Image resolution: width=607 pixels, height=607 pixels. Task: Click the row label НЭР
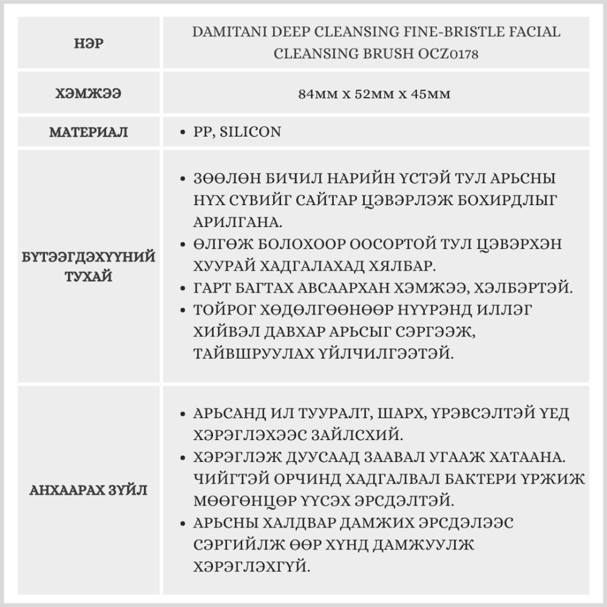[x=89, y=44]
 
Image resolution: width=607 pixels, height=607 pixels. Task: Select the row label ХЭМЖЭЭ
[x=89, y=94]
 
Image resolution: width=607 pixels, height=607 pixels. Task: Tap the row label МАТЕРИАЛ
[x=89, y=132]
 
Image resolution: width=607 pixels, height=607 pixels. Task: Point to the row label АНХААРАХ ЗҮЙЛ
[x=89, y=490]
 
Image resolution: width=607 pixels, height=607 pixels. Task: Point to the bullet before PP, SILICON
[x=183, y=132]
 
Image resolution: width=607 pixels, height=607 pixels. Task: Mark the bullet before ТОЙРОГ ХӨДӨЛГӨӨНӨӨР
[x=183, y=310]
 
